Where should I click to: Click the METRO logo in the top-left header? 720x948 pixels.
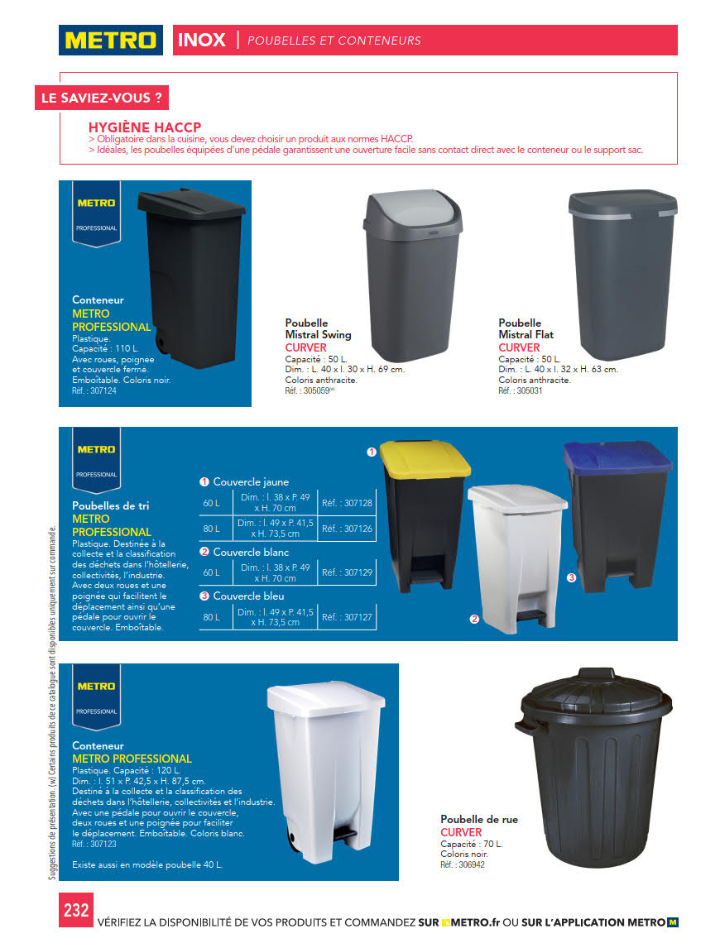point(110,40)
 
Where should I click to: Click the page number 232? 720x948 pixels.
point(76,910)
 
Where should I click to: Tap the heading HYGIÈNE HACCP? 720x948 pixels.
point(145,127)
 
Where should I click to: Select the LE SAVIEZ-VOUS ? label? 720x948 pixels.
point(102,98)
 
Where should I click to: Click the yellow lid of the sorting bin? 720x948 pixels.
point(425,460)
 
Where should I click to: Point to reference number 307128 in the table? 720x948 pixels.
point(347,503)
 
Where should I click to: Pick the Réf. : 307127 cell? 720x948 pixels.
point(347,617)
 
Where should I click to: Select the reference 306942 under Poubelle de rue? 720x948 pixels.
point(463,864)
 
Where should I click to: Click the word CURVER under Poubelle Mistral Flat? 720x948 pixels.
point(519,347)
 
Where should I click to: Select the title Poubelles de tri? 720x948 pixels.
point(111,505)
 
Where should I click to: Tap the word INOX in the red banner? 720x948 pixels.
point(201,40)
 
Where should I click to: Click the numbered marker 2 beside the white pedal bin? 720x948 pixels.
point(475,618)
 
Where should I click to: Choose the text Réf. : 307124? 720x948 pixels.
point(94,390)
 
